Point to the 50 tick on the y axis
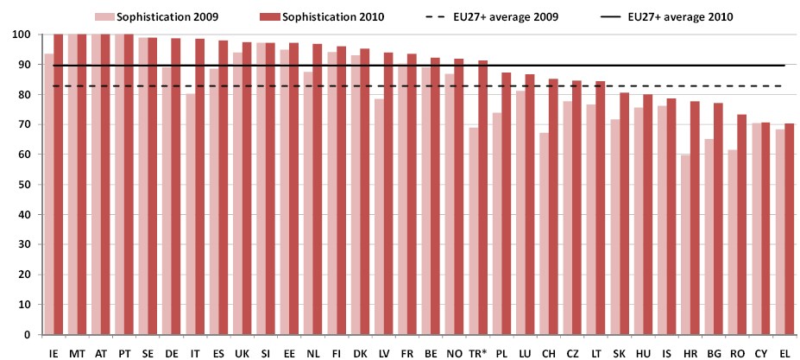[x=28, y=185]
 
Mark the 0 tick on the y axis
[x=32, y=335]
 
